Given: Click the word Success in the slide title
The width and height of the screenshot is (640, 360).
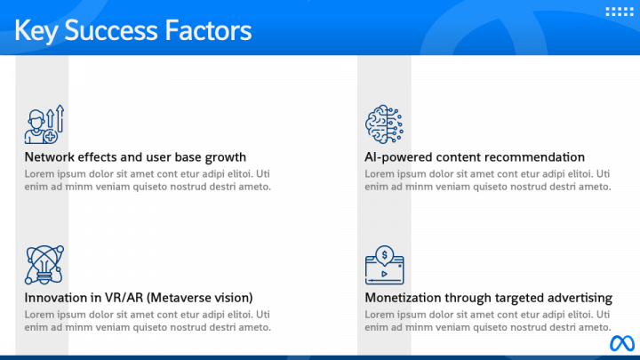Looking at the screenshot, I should tap(111, 31).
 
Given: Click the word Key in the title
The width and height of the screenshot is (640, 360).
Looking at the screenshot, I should tap(38, 31).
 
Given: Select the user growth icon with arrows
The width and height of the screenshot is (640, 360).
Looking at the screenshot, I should tap(44, 124).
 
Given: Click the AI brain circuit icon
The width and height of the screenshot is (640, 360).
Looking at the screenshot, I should tap(384, 124).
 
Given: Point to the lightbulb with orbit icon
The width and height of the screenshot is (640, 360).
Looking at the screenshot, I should tap(44, 264).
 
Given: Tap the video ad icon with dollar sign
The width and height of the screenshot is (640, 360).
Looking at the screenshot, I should tap(385, 264).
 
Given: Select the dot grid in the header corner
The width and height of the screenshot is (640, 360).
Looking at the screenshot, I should tap(617, 12).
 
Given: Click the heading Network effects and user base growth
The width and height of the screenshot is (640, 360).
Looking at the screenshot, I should tap(135, 157).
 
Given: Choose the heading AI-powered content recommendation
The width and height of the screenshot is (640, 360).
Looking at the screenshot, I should tap(475, 157).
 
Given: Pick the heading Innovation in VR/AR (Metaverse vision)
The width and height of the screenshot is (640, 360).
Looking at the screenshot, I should tap(139, 298).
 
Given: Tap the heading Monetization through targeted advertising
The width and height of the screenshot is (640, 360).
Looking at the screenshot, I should tap(488, 298).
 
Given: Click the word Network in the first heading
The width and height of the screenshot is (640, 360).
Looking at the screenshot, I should tap(50, 157).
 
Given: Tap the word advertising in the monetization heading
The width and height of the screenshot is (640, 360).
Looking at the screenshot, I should tap(579, 298).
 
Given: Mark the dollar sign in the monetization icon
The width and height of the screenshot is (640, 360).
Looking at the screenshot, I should tap(384, 254).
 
